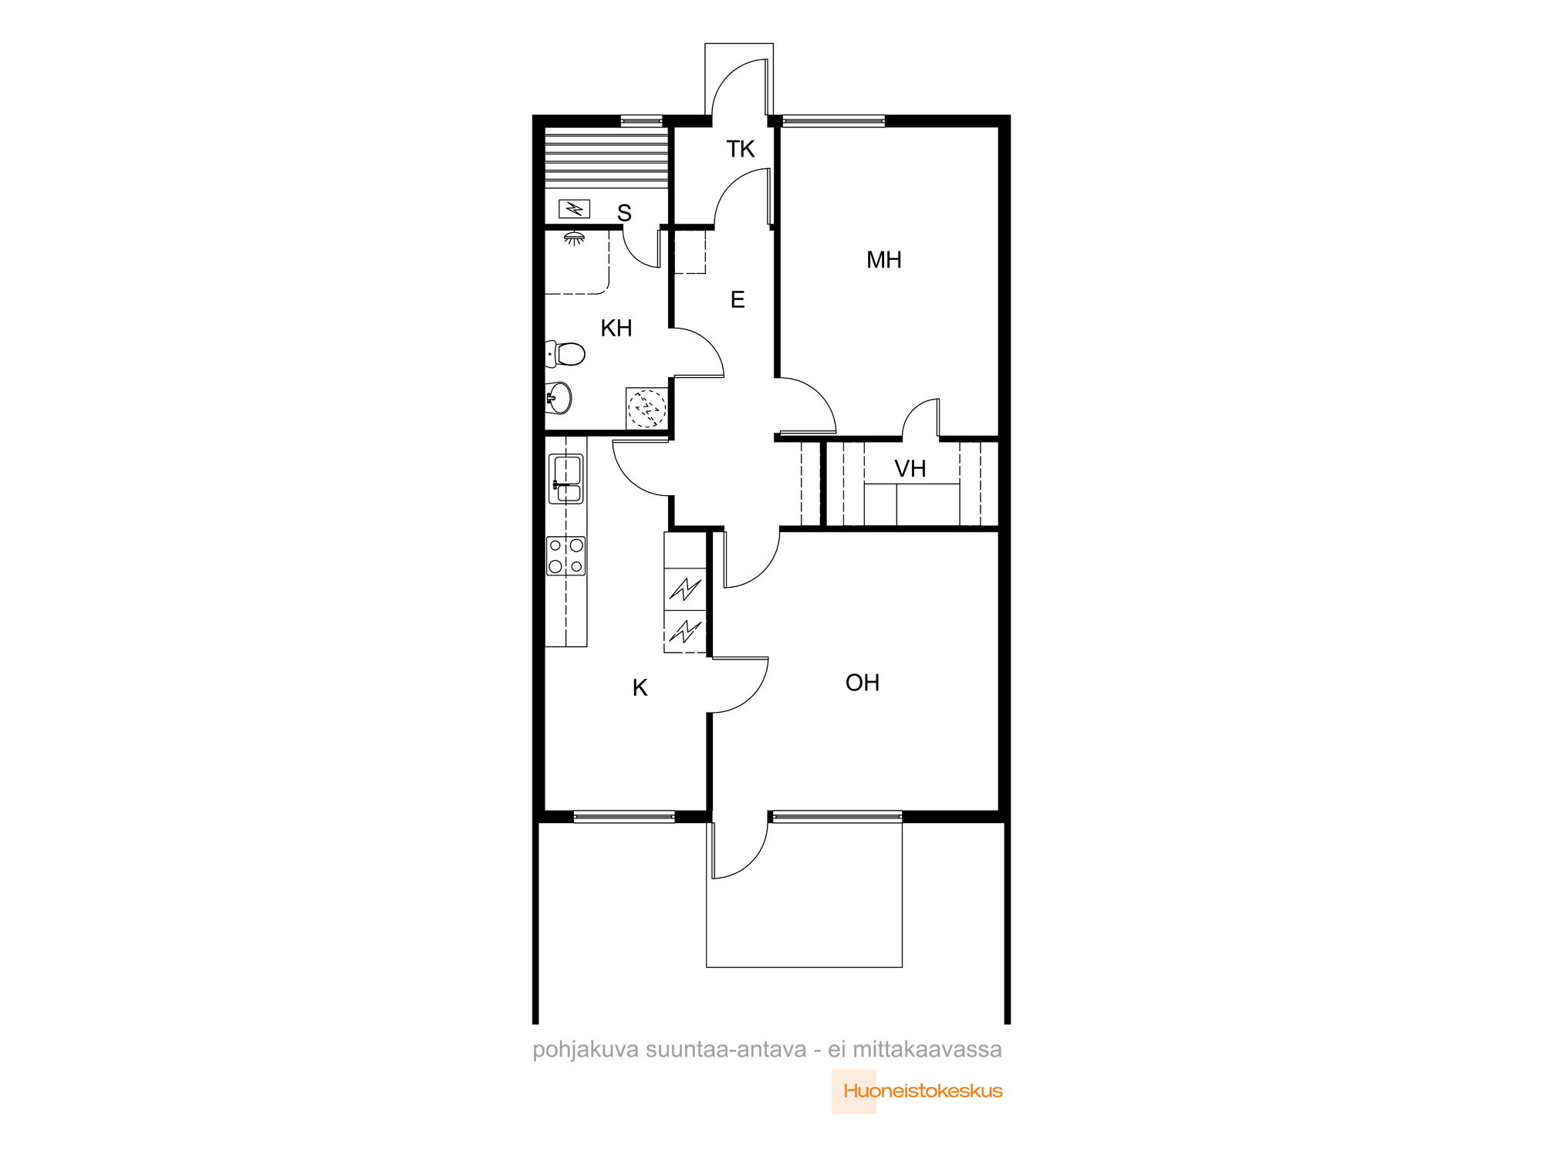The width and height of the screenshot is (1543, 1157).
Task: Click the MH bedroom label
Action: (883, 260)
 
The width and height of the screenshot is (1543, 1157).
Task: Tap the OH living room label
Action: (863, 683)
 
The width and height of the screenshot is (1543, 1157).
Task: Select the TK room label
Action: (741, 149)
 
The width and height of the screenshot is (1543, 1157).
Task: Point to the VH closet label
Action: (910, 468)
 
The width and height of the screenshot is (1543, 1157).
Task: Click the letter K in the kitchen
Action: (640, 687)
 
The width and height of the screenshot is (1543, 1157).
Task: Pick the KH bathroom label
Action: (616, 328)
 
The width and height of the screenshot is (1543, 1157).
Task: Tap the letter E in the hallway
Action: (738, 299)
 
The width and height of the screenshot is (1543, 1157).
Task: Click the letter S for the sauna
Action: (624, 213)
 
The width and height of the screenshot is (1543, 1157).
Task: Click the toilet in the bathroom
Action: (566, 354)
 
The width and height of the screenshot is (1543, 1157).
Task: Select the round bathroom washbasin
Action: (559, 398)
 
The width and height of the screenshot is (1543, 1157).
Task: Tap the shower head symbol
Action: (573, 238)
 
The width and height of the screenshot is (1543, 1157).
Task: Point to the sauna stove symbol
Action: (574, 208)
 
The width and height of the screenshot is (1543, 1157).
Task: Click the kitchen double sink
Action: (566, 479)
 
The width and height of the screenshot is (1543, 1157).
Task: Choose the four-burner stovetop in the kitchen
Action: (566, 556)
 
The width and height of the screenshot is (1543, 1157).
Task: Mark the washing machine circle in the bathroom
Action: (647, 409)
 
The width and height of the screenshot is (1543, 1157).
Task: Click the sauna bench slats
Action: (606, 157)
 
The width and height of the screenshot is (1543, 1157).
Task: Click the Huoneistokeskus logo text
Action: (923, 1091)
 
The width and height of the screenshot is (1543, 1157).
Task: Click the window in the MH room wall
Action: (833, 120)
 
